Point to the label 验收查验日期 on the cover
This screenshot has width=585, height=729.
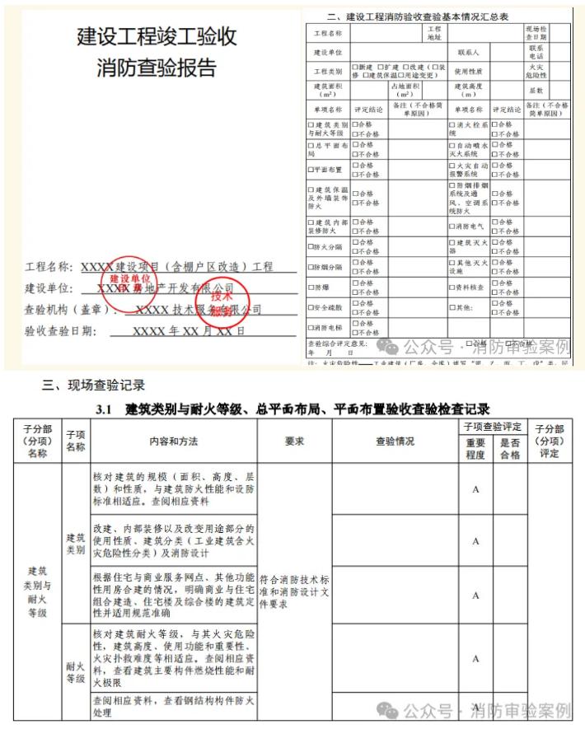[61, 331]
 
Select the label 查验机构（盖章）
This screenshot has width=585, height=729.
[66, 311]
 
